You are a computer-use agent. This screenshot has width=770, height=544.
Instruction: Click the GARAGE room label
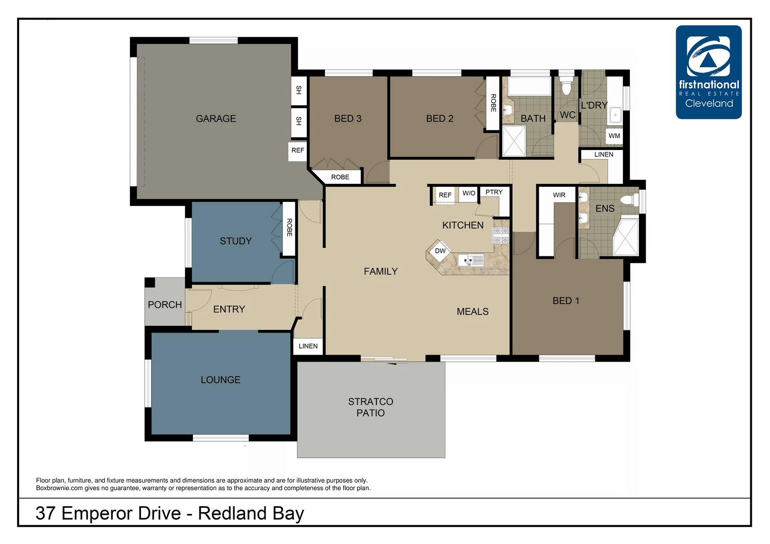point(216,119)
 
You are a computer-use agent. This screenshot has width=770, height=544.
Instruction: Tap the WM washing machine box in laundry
point(614,136)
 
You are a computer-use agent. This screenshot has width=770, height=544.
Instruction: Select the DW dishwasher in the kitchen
point(440,251)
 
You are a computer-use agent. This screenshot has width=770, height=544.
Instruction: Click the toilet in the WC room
point(566,87)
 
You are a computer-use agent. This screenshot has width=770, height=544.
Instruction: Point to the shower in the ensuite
point(626,237)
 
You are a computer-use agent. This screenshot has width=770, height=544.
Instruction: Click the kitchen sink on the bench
point(471,260)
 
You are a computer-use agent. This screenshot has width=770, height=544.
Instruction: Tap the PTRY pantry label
point(494,192)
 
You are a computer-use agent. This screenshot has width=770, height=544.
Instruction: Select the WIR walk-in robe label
point(559,195)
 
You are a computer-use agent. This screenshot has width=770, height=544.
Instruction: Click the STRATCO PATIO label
point(370,407)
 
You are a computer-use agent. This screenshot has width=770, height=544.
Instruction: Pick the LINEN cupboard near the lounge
point(308,346)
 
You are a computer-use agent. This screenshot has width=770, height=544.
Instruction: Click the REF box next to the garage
point(297,150)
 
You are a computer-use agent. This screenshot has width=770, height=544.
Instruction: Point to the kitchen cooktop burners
point(500,236)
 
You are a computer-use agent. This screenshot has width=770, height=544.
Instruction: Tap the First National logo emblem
point(708,56)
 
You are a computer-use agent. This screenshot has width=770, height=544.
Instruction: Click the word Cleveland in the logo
point(709,103)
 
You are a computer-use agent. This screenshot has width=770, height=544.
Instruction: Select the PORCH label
point(165,305)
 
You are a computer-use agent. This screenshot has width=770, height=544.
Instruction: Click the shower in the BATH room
point(514,141)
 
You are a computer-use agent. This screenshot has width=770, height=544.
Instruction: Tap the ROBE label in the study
point(289,227)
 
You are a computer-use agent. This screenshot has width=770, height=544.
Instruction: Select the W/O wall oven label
point(469,193)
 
